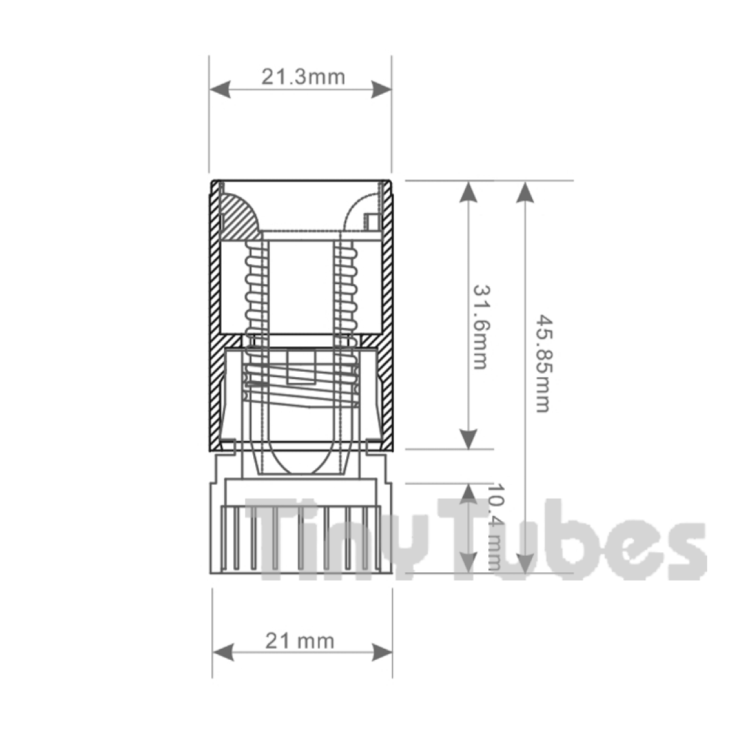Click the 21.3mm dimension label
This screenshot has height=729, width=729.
303,77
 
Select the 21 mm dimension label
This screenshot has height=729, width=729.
299,640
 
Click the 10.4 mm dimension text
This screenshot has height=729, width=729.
496,527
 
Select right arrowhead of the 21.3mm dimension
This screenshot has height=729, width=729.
381,89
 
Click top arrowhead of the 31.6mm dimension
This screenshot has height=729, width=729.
468,191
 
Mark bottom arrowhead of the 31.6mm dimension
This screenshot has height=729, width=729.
468,438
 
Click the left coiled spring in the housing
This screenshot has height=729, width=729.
255,286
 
